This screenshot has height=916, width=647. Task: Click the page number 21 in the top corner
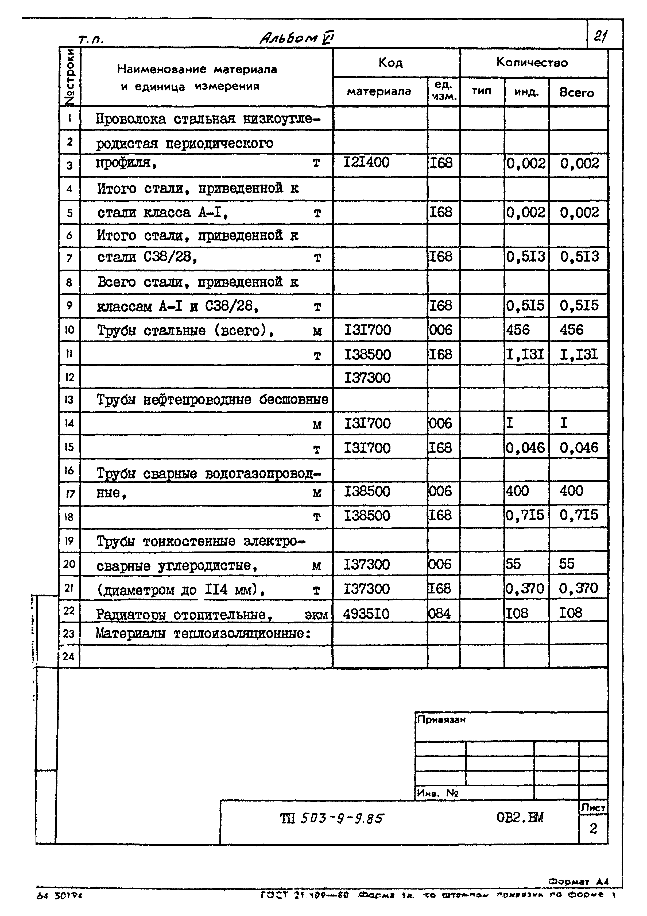(600, 37)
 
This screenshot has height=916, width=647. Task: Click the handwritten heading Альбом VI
(297, 38)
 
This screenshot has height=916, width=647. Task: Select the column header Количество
(532, 62)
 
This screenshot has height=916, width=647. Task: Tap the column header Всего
(576, 93)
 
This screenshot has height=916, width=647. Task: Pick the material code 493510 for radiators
(366, 614)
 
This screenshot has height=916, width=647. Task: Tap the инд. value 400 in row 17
(517, 491)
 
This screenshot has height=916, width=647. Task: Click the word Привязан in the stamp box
(441, 720)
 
